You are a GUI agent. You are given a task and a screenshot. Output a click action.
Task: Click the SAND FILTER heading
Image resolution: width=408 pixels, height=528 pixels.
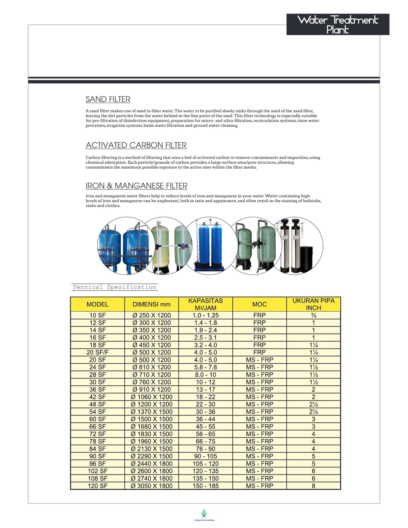(108, 99)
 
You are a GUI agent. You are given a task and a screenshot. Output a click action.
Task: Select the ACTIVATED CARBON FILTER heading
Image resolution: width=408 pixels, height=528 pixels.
(136, 145)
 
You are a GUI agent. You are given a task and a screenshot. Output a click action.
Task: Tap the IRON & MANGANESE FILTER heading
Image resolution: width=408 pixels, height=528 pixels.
(136, 186)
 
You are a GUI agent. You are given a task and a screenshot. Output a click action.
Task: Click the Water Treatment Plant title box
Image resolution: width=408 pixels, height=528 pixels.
(338, 25)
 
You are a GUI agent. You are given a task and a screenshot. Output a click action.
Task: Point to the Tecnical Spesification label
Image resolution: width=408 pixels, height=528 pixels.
(114, 287)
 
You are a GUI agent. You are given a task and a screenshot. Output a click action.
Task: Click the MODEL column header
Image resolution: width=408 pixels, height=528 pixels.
(97, 304)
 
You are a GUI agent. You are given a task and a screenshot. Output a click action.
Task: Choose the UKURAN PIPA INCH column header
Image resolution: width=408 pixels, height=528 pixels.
(313, 304)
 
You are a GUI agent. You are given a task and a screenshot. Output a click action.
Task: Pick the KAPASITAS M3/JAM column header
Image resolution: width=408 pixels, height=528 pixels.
(205, 304)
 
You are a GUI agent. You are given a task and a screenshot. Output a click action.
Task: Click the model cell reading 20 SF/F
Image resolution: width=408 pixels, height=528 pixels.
(97, 353)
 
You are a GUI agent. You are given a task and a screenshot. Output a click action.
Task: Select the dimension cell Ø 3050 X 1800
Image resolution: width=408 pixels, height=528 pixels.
(152, 486)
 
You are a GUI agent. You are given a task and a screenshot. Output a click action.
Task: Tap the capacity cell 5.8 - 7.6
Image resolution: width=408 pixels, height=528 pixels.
(205, 367)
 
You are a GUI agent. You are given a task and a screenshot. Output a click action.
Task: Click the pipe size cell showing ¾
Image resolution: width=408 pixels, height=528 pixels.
(313, 315)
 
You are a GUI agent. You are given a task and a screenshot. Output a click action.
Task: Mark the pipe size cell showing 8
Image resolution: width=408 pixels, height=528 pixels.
(313, 486)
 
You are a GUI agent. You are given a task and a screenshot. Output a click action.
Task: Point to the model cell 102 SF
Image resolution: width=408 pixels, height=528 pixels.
(97, 471)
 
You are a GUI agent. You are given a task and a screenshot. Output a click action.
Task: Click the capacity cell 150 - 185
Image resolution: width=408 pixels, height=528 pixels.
(205, 486)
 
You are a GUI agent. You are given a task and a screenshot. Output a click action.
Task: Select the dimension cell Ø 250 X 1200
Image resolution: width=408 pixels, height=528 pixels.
(152, 315)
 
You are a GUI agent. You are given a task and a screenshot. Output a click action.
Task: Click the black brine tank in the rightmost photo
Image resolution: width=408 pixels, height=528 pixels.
(306, 257)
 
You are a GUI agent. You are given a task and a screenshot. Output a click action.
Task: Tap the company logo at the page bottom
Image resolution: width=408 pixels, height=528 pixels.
(204, 514)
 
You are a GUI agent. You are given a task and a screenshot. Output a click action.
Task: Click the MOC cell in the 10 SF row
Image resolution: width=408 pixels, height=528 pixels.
(259, 315)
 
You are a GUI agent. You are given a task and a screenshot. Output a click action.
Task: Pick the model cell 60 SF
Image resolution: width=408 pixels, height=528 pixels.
(97, 419)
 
